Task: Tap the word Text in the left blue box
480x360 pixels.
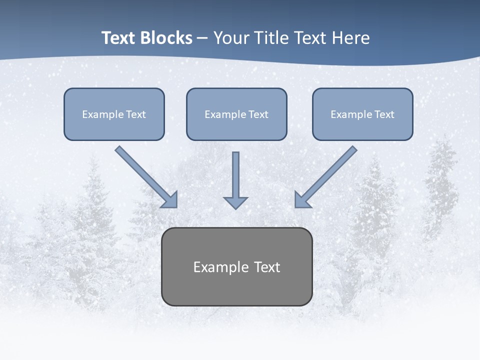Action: point(135,114)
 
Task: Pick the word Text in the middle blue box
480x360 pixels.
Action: point(258,114)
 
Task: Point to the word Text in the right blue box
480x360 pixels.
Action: point(384,114)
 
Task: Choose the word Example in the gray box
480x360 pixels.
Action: point(221,267)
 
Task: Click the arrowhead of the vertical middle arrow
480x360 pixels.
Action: point(235,202)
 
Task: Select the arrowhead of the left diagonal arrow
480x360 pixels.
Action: point(170,199)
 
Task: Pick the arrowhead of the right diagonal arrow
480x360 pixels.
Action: point(302,199)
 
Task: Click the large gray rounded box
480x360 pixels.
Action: point(236,290)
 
